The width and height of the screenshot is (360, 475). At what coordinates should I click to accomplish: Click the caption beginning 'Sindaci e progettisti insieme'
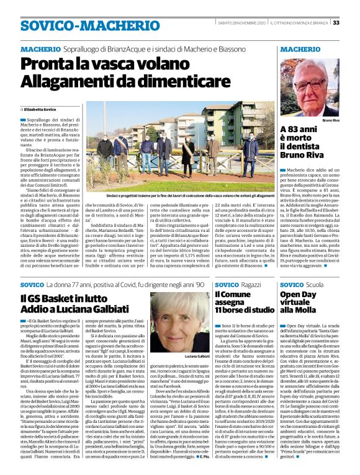tap(181, 195)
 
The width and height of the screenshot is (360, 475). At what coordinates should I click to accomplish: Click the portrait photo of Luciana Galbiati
tap(180, 322)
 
